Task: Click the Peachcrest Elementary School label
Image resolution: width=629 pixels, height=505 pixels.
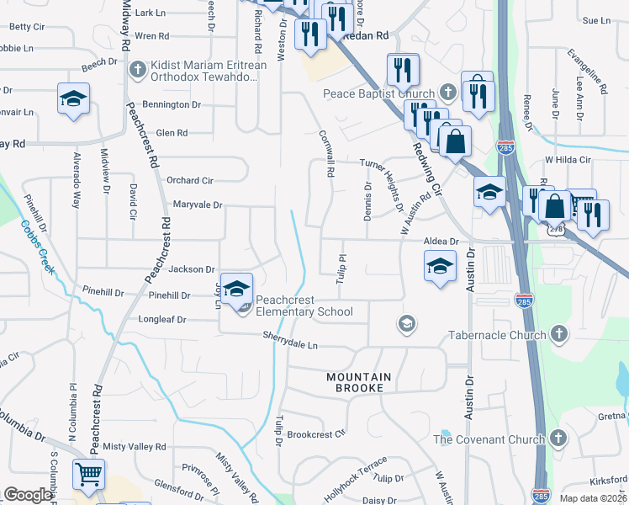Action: pyautogui.click(x=304, y=306)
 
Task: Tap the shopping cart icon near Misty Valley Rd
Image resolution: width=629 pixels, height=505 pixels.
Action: pyautogui.click(x=88, y=474)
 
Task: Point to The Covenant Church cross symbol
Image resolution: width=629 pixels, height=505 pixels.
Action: pyautogui.click(x=561, y=439)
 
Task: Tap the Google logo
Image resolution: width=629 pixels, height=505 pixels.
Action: pyautogui.click(x=28, y=495)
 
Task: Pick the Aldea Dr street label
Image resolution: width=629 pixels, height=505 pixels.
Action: pyautogui.click(x=441, y=242)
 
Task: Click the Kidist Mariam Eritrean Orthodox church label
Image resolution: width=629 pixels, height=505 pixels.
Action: pyautogui.click(x=207, y=71)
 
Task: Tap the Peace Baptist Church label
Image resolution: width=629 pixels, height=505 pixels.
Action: pyautogui.click(x=379, y=93)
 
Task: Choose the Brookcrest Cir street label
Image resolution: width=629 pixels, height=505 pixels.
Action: pyautogui.click(x=316, y=434)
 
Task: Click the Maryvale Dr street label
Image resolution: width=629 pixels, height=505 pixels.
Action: pyautogui.click(x=197, y=205)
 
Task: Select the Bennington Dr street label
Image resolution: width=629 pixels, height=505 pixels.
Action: pyautogui.click(x=172, y=105)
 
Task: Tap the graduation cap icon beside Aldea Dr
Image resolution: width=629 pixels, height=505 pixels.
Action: pyautogui.click(x=440, y=268)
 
